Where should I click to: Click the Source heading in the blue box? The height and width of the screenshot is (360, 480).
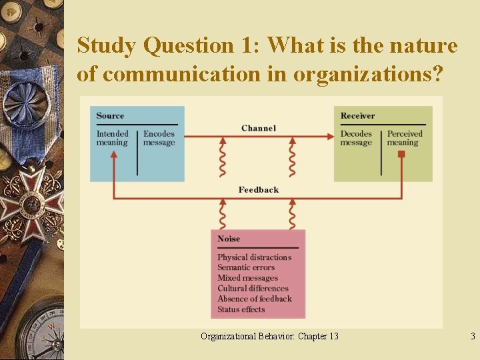(x=110, y=116)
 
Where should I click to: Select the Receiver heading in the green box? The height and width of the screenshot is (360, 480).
(x=357, y=116)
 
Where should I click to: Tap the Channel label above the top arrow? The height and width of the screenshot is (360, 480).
(x=259, y=128)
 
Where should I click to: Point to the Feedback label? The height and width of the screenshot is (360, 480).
(x=259, y=190)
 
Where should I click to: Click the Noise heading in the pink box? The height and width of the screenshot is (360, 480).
(x=229, y=239)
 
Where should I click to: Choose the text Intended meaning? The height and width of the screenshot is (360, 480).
(x=112, y=138)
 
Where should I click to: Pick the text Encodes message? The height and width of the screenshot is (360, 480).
(x=159, y=138)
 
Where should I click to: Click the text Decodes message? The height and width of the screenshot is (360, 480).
(x=356, y=138)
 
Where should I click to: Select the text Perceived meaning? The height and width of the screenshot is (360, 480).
(x=405, y=138)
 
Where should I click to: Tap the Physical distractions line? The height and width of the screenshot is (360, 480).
(x=254, y=257)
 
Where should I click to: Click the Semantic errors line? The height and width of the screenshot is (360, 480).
(x=246, y=267)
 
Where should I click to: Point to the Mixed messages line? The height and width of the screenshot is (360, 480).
(x=247, y=278)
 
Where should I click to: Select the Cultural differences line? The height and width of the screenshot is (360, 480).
(x=253, y=289)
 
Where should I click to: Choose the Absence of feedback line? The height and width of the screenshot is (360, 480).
(x=254, y=299)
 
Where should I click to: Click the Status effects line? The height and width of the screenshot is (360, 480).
(x=241, y=309)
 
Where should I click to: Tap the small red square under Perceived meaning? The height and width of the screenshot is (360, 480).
(x=401, y=154)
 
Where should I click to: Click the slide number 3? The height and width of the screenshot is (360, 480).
(x=473, y=336)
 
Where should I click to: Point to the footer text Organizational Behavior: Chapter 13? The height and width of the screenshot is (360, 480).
(x=269, y=336)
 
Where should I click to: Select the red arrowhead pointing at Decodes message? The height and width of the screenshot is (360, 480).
(x=331, y=136)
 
